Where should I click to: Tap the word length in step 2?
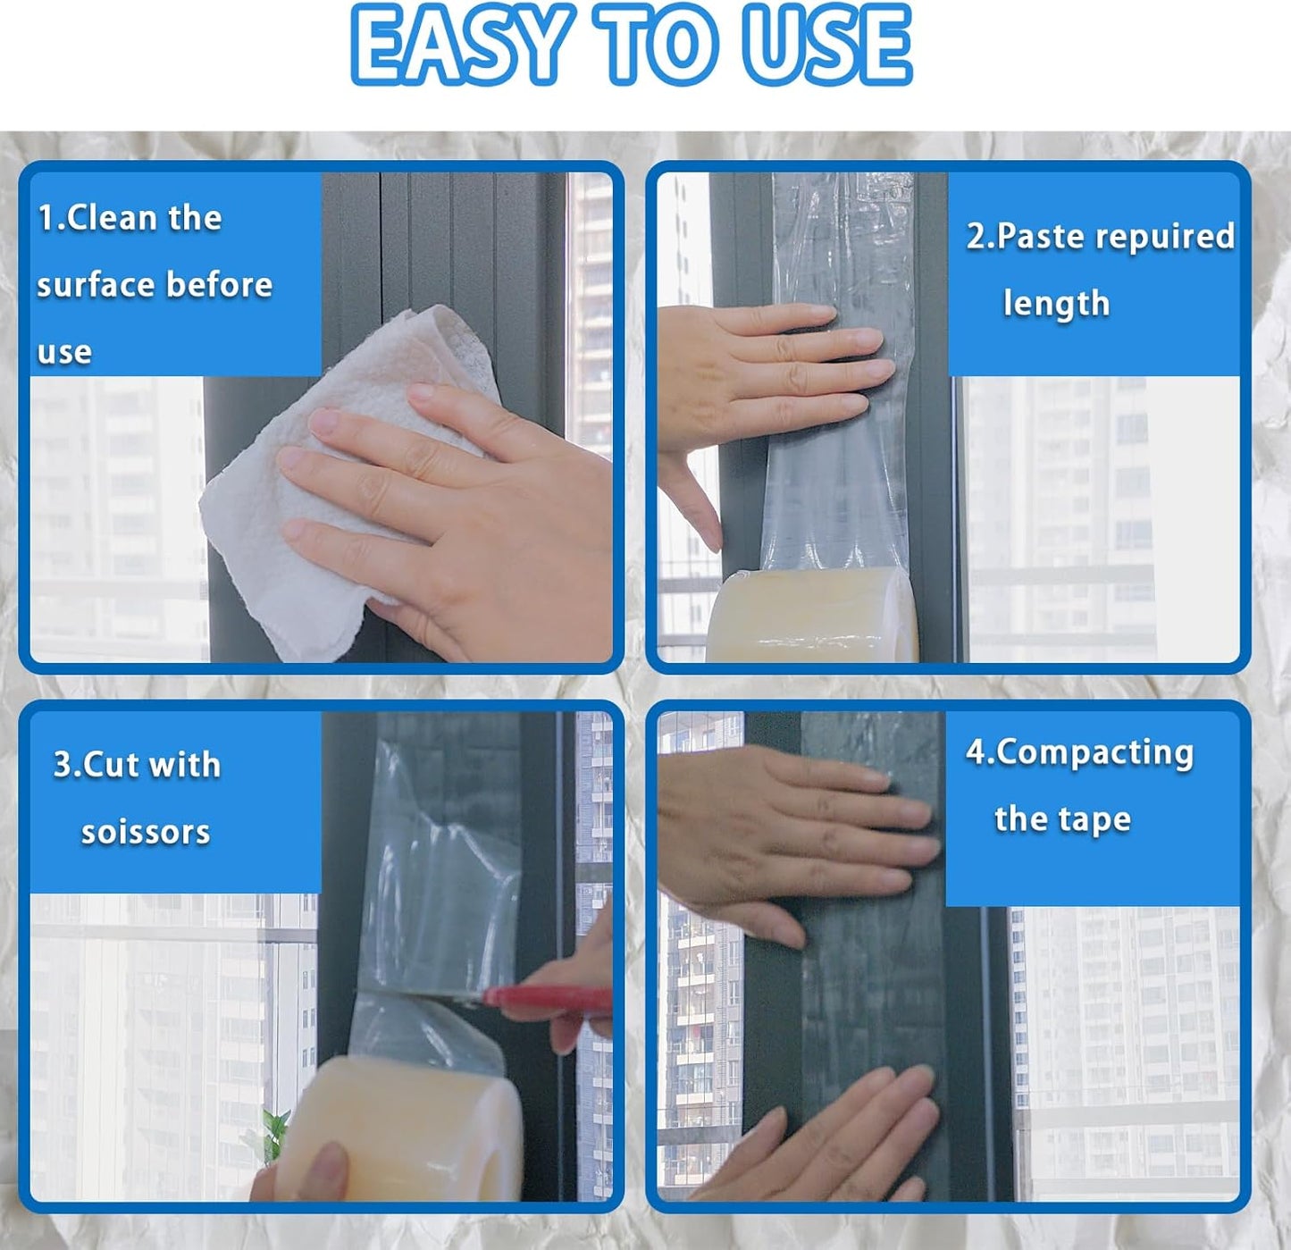(1056, 304)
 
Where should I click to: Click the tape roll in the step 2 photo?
(813, 617)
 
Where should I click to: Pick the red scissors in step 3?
(545, 999)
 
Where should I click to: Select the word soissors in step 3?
(146, 832)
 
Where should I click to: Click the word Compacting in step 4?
(1094, 752)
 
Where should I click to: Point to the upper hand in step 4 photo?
(786, 840)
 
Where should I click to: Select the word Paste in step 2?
(1042, 236)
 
